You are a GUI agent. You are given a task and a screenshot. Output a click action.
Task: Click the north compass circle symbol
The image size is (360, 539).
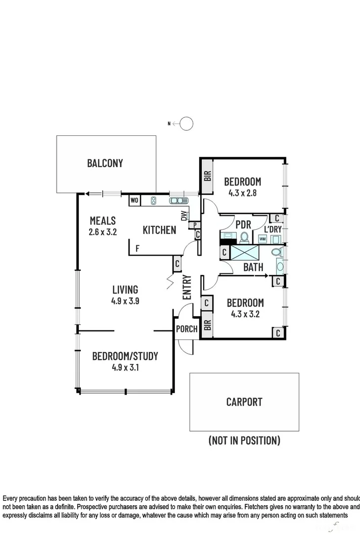pos(186,123)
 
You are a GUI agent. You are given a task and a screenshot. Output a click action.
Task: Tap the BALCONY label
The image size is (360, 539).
pos(105,163)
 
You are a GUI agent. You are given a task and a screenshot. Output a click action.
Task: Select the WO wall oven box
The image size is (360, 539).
pos(134,201)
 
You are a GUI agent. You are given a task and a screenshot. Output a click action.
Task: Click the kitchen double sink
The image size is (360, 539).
pos(177,201)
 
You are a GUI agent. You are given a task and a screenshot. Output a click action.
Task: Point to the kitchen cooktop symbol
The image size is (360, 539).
pos(154,201)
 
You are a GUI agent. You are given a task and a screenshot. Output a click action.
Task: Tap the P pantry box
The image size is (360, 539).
pos(195,225)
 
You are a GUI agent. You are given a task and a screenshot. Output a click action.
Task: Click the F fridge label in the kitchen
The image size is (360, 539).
pos(136,248)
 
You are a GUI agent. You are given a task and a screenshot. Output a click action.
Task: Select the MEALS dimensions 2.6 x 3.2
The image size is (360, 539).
pos(103,233)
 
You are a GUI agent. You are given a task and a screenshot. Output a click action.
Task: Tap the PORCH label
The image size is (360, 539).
pos(187,329)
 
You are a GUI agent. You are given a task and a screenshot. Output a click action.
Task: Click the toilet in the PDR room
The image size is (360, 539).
pos(245,237)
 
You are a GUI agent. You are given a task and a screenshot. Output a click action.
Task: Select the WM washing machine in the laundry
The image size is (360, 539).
pos(262,238)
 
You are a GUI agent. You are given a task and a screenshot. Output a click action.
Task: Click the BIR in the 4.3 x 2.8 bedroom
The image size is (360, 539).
pos(207,176)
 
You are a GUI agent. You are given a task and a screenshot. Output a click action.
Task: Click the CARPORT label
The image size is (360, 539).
pos(244,402)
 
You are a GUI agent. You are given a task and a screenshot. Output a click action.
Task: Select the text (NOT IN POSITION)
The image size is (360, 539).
pos(244,440)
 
